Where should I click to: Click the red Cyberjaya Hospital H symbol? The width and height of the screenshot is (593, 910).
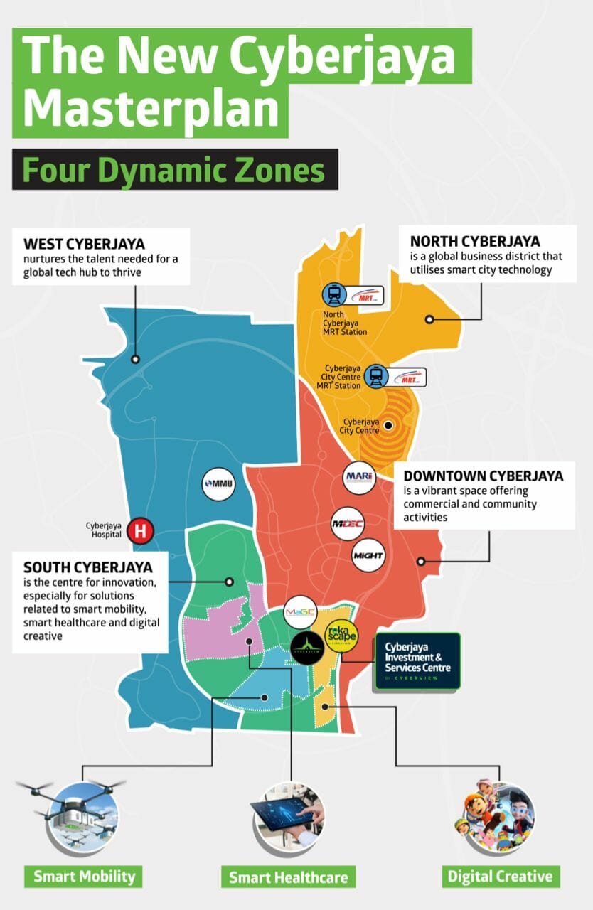(141, 530)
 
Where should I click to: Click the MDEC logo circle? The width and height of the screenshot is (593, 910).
(348, 525)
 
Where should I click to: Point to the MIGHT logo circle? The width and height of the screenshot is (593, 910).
(368, 555)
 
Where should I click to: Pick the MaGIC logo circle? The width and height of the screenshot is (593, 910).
(299, 612)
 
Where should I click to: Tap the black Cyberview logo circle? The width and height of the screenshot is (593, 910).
(307, 648)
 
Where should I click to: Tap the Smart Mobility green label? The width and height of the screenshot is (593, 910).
(83, 876)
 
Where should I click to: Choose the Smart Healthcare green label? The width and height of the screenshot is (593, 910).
(288, 877)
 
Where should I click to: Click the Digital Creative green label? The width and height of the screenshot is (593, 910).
(499, 876)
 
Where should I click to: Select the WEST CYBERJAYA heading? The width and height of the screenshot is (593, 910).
(84, 245)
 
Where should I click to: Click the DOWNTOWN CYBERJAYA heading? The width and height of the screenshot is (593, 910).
(483, 476)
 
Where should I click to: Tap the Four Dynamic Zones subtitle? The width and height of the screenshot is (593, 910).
(174, 171)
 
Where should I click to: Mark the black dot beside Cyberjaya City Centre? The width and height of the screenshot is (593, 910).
(388, 427)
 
